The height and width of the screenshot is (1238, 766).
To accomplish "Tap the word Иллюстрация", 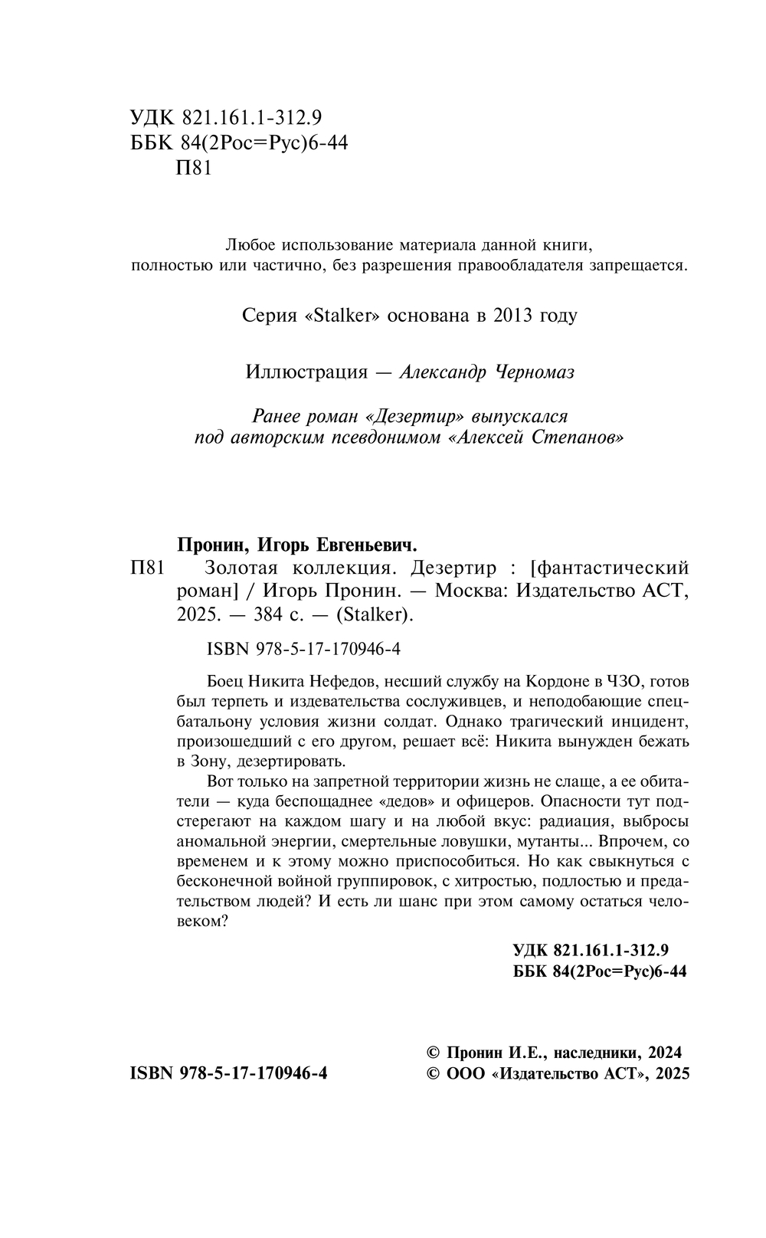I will [x=306, y=372].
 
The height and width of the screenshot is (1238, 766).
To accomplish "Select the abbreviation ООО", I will [x=465, y=1073].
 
